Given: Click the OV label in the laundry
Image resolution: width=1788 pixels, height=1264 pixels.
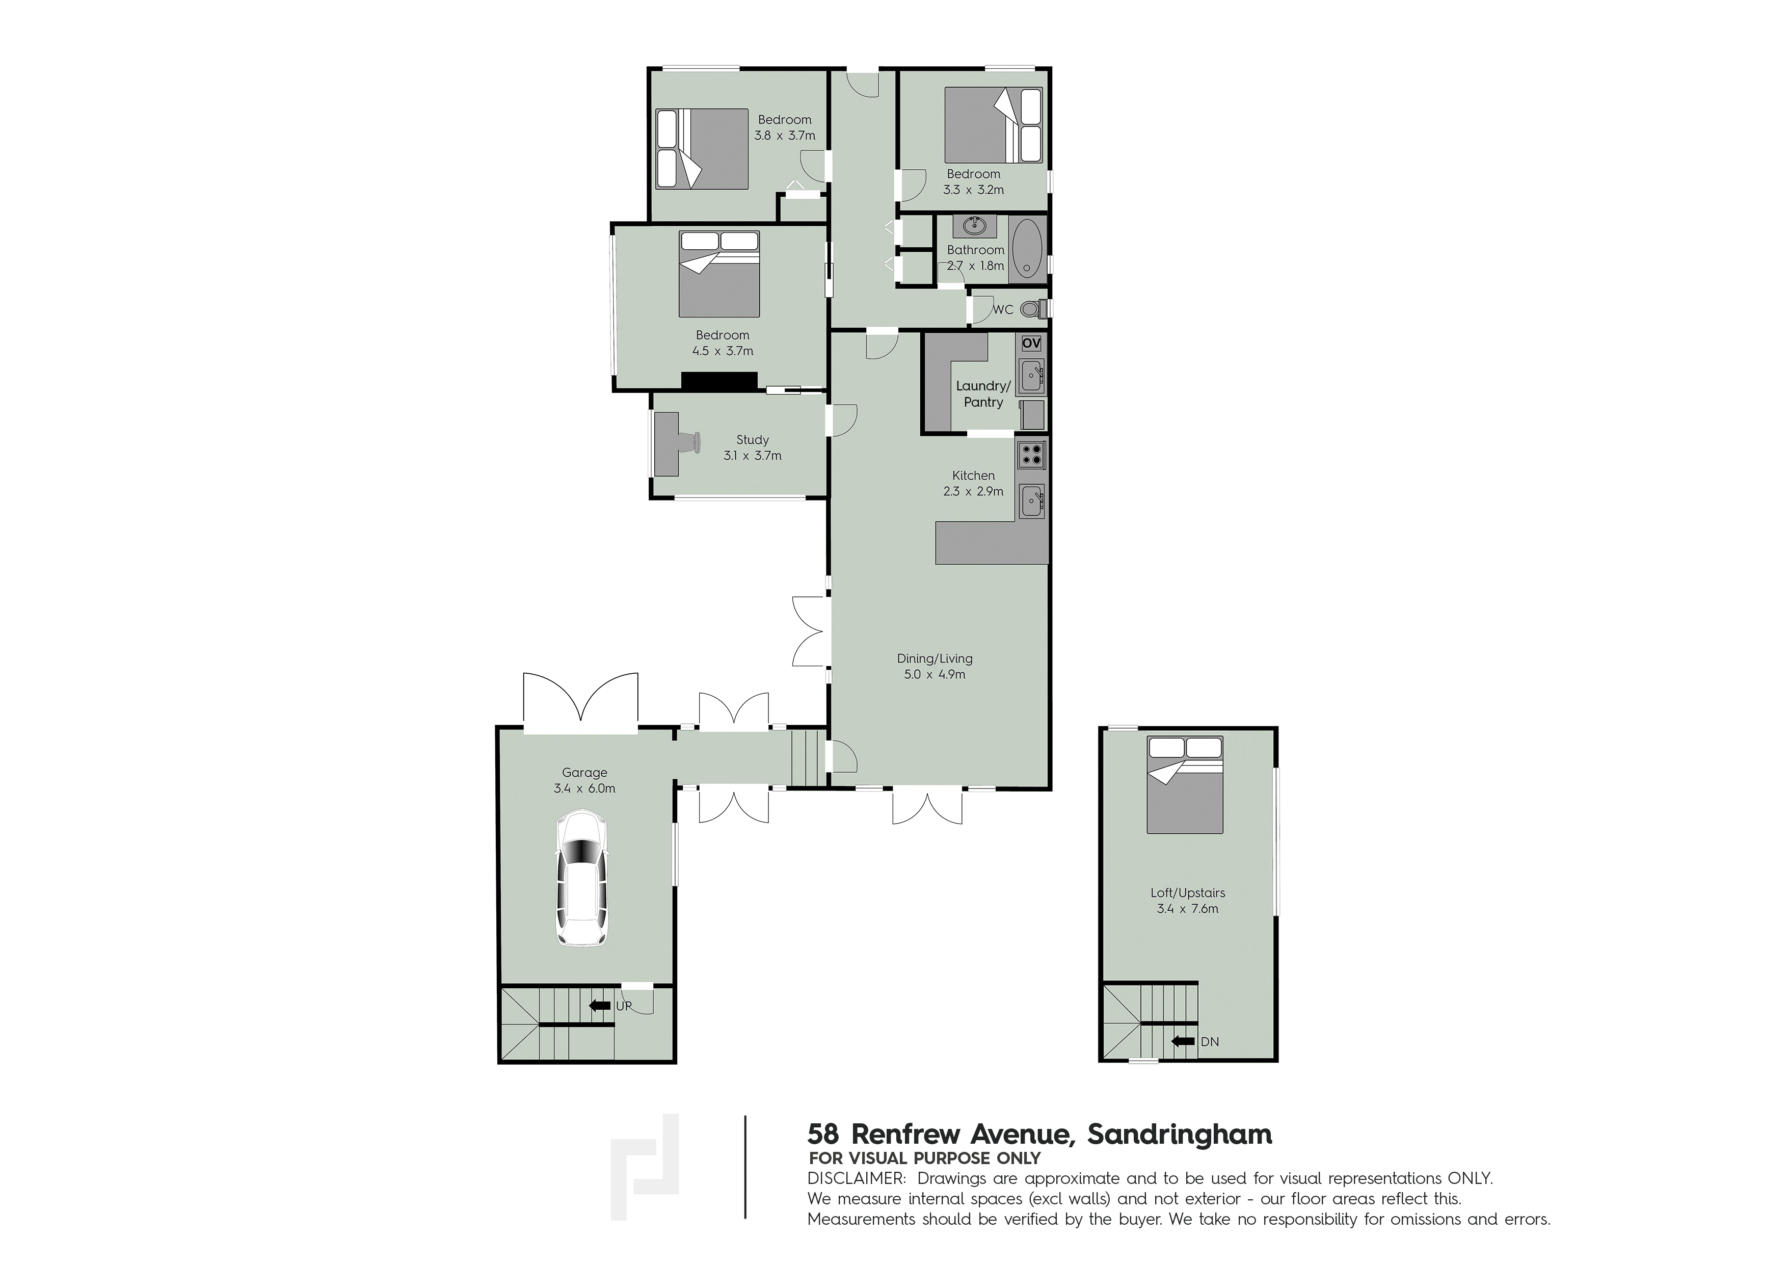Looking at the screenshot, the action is click(1030, 344).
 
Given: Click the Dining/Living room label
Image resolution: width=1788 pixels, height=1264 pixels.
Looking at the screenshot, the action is click(935, 666).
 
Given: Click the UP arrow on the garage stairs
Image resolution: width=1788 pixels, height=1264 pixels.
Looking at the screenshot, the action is click(600, 1006).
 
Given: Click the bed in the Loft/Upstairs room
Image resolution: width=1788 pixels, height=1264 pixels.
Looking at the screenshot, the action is click(1185, 785).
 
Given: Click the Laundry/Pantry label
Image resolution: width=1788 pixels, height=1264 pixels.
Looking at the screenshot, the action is click(983, 394).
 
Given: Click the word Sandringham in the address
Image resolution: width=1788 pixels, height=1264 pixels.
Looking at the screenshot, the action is click(1180, 1134).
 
